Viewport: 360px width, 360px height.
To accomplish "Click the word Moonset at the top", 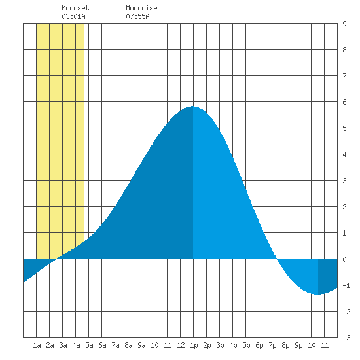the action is [75, 8].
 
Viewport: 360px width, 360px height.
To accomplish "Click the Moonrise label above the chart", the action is [141, 8].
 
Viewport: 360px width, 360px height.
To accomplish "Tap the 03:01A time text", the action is [73, 16].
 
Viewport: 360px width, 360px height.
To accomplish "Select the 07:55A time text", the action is [137, 16].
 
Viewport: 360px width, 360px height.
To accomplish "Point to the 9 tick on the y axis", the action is [344, 24].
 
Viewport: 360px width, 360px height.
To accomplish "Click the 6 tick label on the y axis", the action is [344, 102].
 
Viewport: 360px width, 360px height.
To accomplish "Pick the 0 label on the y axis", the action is [344, 259].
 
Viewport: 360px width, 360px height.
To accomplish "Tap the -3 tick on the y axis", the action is [346, 338].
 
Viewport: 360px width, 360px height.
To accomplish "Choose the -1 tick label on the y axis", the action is [346, 285].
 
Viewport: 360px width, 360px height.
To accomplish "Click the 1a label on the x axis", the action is [37, 345].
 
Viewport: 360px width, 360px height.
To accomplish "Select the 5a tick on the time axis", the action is [89, 345].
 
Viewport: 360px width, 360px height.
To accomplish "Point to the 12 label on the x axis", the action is [181, 345].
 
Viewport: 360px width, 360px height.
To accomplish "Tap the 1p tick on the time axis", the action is [194, 346].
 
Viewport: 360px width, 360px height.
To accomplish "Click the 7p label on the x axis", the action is [272, 346].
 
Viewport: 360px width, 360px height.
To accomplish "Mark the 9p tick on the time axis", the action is [298, 346].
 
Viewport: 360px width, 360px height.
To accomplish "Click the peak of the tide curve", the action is [193, 107].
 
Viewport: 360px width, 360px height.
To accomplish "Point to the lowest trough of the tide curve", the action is [318, 294].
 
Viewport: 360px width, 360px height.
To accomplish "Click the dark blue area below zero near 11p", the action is [328, 276].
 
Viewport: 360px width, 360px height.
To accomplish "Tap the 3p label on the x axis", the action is [220, 346].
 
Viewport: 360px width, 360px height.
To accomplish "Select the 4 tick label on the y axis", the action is [344, 154].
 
